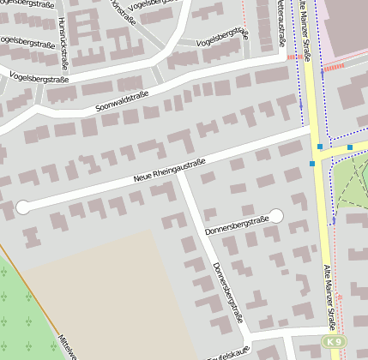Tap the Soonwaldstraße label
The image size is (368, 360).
123,100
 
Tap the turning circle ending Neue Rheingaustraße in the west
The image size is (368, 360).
23,207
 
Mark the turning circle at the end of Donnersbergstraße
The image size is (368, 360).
276,216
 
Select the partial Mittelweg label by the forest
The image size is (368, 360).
67,345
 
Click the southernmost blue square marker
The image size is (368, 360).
311,163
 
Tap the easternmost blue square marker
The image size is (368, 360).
350,147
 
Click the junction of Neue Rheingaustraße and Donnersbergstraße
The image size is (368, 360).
178,175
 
